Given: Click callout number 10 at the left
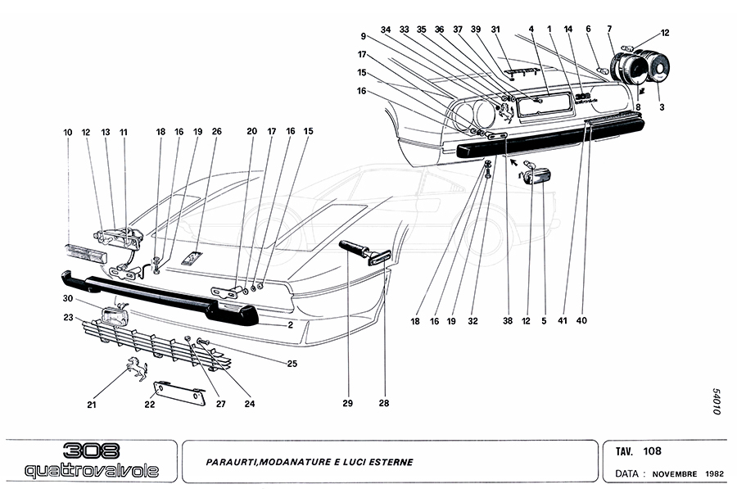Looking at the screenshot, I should [69, 131].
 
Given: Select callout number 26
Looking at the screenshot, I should [217, 131].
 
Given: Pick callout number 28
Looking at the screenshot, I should [383, 403].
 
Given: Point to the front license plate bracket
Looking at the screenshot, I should [181, 392].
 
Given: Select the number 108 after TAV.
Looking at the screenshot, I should [653, 451].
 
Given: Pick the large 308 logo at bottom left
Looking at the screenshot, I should [92, 451].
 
